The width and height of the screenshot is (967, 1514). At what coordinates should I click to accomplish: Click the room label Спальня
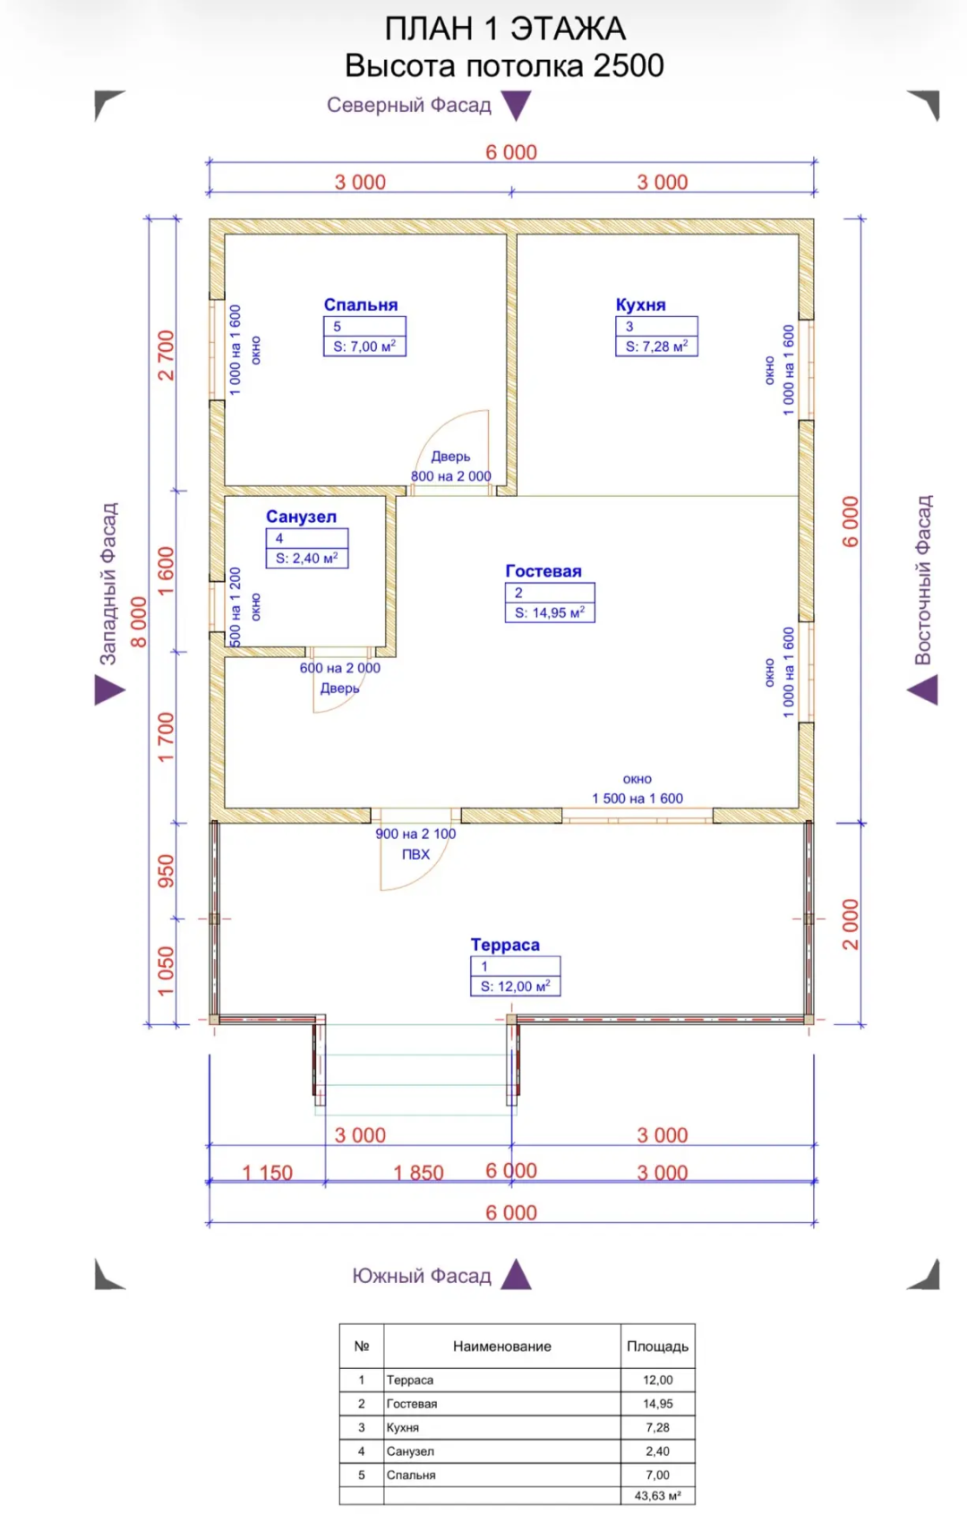360,304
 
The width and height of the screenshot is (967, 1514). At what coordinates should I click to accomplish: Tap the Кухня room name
640,304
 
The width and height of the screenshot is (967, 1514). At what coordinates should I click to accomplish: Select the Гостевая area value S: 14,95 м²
550,612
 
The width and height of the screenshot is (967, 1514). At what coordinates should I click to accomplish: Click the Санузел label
301,517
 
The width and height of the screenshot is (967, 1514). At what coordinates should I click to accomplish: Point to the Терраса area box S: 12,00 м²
515,986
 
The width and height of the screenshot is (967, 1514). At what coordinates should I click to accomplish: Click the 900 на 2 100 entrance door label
415,834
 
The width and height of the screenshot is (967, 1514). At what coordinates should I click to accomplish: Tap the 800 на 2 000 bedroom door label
450,475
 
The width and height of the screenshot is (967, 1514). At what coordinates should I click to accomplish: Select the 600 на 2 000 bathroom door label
340,668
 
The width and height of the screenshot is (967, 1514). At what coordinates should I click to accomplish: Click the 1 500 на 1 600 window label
638,799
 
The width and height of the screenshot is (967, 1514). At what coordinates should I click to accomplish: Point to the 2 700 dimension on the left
166,355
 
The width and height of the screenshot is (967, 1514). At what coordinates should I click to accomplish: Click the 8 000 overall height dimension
138,622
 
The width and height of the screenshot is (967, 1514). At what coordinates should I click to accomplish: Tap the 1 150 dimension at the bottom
267,1172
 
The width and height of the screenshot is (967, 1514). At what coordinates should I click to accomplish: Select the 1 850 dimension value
418,1172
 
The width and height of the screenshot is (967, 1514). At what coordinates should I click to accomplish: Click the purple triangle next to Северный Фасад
516,106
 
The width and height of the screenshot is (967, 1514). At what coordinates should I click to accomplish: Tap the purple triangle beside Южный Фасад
516,1274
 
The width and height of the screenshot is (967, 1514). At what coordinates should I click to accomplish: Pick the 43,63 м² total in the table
657,1495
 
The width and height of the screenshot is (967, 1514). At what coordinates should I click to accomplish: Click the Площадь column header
657,1347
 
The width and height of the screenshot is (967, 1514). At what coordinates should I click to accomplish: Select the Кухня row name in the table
403,1427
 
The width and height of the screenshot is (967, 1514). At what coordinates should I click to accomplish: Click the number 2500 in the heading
629,65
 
